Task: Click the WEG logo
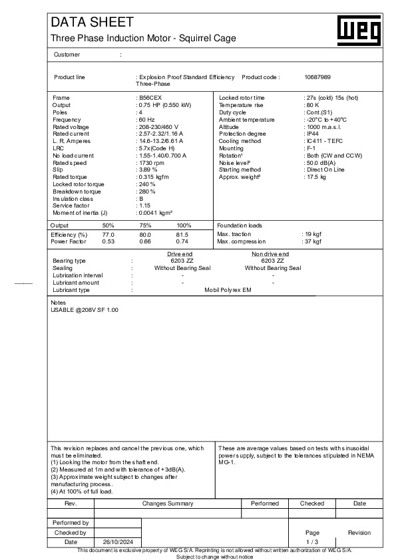pyautogui.click(x=360, y=31)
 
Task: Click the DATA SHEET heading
pyautogui.click(x=92, y=23)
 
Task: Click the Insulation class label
pyautogui.click(x=74, y=198)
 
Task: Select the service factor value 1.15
pyautogui.click(x=146, y=206)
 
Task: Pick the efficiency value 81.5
pyautogui.click(x=182, y=235)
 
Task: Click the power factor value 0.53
pyautogui.click(x=108, y=242)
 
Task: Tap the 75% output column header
pyautogui.click(x=145, y=225)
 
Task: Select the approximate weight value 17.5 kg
pyautogui.click(x=315, y=178)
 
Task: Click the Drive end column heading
pyautogui.click(x=182, y=254)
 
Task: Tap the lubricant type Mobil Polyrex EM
pyautogui.click(x=228, y=290)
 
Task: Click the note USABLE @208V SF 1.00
pyautogui.click(x=85, y=311)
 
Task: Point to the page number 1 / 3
pyautogui.click(x=313, y=542)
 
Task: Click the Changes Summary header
pyautogui.click(x=168, y=503)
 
